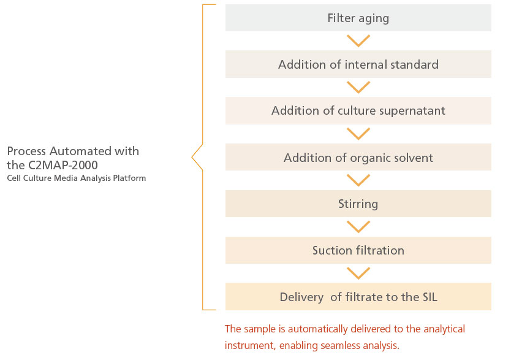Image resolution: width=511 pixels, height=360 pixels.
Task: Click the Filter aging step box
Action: click(x=358, y=18)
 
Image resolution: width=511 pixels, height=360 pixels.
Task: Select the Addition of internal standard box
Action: click(x=358, y=64)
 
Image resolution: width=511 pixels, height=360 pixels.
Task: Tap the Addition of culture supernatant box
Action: click(x=358, y=110)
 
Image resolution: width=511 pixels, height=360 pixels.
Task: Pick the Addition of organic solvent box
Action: click(x=358, y=157)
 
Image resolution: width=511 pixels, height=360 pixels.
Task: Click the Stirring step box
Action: click(x=358, y=204)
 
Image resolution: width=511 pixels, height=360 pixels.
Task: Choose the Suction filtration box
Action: click(x=358, y=250)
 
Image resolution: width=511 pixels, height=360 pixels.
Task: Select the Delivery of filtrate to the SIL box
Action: click(x=358, y=297)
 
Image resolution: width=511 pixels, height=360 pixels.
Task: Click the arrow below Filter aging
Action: click(x=358, y=41)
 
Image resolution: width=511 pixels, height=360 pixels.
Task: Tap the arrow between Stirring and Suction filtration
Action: click(x=358, y=227)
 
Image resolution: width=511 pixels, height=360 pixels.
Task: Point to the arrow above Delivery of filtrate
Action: click(x=358, y=274)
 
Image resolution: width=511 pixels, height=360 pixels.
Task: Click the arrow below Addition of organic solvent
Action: click(x=358, y=180)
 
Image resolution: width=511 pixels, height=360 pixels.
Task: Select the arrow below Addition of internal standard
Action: click(x=358, y=87)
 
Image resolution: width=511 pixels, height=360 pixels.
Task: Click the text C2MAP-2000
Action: click(x=63, y=166)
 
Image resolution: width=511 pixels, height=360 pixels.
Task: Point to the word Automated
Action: click(x=80, y=151)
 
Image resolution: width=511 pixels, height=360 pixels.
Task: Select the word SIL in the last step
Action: click(x=430, y=297)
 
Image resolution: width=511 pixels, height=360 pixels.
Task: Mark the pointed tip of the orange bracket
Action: click(x=192, y=157)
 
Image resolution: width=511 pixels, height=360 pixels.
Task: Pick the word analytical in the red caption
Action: click(x=444, y=329)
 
